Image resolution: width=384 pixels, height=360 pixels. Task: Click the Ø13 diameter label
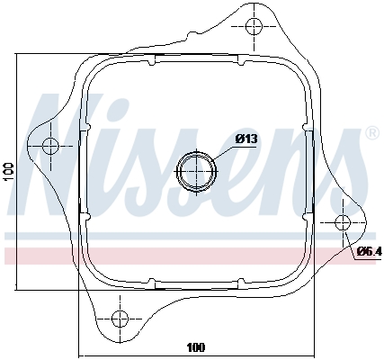(246, 139)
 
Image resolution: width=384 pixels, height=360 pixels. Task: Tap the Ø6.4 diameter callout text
(371, 251)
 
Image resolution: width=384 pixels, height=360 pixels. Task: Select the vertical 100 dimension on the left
(9, 172)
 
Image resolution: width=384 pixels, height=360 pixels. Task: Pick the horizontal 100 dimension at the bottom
(196, 348)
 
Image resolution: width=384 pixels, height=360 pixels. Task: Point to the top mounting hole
(254, 26)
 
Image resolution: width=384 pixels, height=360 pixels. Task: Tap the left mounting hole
(50, 146)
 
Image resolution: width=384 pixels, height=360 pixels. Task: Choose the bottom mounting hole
(120, 319)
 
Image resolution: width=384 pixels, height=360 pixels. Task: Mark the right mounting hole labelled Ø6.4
(343, 222)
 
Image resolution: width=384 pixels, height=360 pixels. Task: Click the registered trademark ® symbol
(373, 133)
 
